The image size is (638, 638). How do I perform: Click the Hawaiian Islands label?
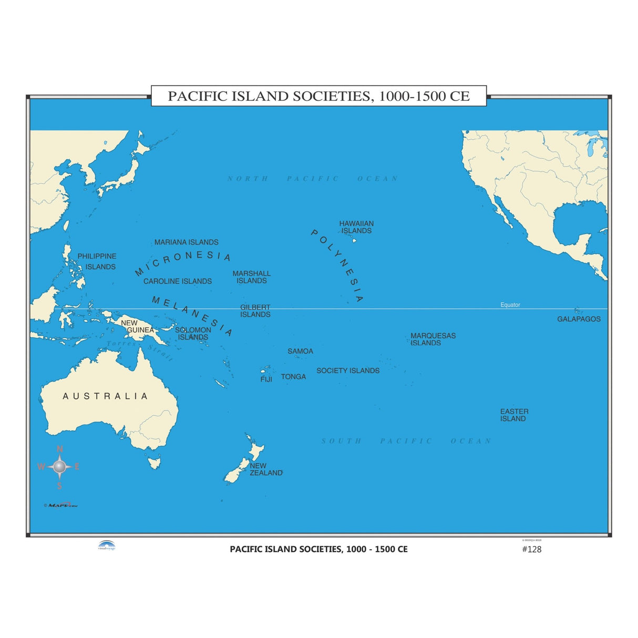[x=356, y=227]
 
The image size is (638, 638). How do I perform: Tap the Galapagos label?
[x=579, y=319]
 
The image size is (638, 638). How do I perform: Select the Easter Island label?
[x=514, y=415]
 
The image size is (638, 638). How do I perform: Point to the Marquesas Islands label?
[x=433, y=339]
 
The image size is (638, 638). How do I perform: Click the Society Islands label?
[x=348, y=371]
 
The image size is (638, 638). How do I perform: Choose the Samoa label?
[x=300, y=351]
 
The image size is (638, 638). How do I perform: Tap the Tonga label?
[x=293, y=377]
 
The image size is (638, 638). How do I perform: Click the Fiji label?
[x=266, y=379]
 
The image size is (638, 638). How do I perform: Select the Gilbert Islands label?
[x=255, y=311]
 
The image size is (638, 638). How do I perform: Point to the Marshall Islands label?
[x=252, y=277]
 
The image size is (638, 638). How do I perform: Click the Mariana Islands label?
[x=187, y=242]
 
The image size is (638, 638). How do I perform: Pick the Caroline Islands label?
[x=178, y=281]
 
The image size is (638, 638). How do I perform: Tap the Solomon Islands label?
[x=193, y=334]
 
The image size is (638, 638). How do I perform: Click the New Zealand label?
[x=266, y=469]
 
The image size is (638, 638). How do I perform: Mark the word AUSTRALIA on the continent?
[x=105, y=396]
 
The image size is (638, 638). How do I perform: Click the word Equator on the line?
[x=510, y=305]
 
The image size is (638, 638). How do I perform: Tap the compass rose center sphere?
[x=59, y=466]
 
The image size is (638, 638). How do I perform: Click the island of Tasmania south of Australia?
[x=154, y=463]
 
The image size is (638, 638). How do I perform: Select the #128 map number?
[x=531, y=549]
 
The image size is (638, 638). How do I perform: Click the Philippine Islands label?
[x=97, y=262]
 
